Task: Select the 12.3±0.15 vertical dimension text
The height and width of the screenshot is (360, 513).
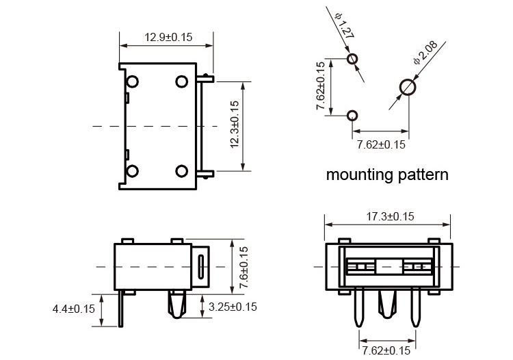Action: point(235,125)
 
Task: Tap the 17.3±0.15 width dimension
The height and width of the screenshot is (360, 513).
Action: point(386,216)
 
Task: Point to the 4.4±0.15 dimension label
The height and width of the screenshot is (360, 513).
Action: point(74,309)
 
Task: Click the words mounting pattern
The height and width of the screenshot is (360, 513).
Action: point(387,175)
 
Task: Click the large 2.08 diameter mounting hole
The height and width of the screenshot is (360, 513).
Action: point(408,87)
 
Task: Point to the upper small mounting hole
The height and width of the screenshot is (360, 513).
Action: point(352,59)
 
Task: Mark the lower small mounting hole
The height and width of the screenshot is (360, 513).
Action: point(352,115)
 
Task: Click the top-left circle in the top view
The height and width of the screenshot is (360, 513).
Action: point(133,81)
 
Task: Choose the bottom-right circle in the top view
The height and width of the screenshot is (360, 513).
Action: point(181,170)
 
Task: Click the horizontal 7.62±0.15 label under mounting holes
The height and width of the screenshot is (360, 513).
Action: point(381,144)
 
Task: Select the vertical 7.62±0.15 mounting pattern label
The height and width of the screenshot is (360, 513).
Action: point(321,87)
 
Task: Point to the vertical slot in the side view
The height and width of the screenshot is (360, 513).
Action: point(200,266)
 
